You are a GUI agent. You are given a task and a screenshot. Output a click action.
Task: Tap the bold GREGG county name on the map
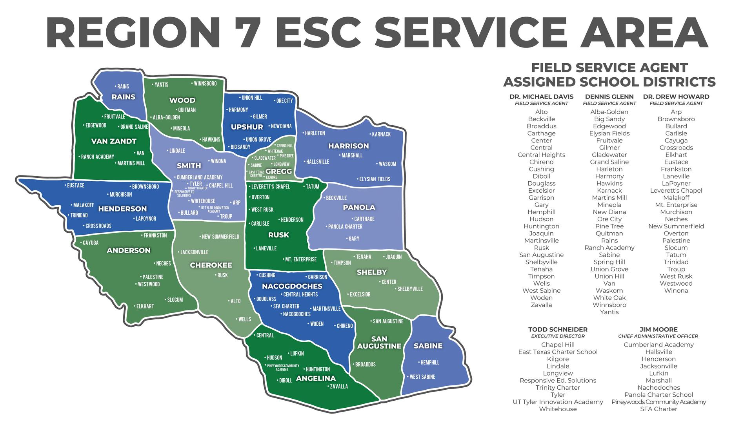pyautogui.click(x=278, y=171)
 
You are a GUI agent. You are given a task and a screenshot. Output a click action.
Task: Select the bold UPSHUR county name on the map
pyautogui.click(x=247, y=127)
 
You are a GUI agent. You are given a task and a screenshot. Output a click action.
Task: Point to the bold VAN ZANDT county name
pyautogui.click(x=114, y=141)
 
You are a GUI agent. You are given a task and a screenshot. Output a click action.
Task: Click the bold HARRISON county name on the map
pyautogui.click(x=348, y=146)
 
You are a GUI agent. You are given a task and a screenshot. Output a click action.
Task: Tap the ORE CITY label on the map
pyautogui.click(x=284, y=101)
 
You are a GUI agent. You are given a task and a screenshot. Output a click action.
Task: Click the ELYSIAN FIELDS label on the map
pyautogui.click(x=375, y=179)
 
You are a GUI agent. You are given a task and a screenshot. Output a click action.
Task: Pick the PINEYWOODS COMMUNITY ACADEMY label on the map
pyautogui.click(x=282, y=367)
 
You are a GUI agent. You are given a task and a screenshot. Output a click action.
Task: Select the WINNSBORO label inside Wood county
pyautogui.click(x=205, y=84)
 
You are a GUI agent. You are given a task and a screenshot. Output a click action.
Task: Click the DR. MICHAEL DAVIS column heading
pyautogui.click(x=541, y=97)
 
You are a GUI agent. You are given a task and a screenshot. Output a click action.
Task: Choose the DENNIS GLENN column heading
pyautogui.click(x=609, y=97)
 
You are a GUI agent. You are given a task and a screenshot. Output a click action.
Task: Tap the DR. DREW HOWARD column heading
pyautogui.click(x=676, y=97)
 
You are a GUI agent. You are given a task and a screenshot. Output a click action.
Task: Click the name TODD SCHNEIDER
pyautogui.click(x=558, y=329)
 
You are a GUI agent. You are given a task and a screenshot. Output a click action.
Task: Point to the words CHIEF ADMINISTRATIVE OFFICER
pyautogui.click(x=658, y=336)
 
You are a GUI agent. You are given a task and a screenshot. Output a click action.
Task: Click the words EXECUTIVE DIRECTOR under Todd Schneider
pyautogui.click(x=558, y=336)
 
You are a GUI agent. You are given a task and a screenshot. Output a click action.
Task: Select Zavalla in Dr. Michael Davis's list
pyautogui.click(x=541, y=305)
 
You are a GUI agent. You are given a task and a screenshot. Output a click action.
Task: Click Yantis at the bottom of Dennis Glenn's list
pyautogui.click(x=609, y=312)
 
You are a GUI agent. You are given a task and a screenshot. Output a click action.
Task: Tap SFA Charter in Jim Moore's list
pyautogui.click(x=658, y=409)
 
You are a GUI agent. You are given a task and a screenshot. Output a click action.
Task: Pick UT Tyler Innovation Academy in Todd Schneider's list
pyautogui.click(x=558, y=402)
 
